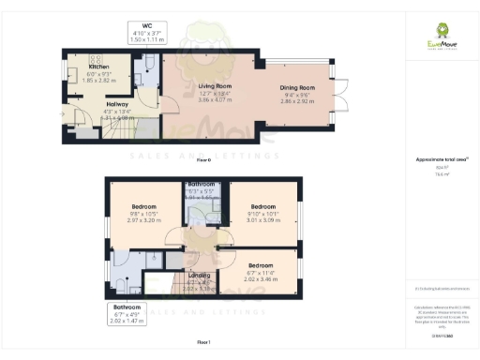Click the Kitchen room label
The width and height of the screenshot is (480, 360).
(x=98, y=67)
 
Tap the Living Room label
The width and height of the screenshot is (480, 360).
(x=215, y=86)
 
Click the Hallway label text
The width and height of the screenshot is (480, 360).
(x=116, y=104)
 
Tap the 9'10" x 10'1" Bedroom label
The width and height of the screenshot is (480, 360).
(x=262, y=205)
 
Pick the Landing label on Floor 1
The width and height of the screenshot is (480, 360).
(x=197, y=276)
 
